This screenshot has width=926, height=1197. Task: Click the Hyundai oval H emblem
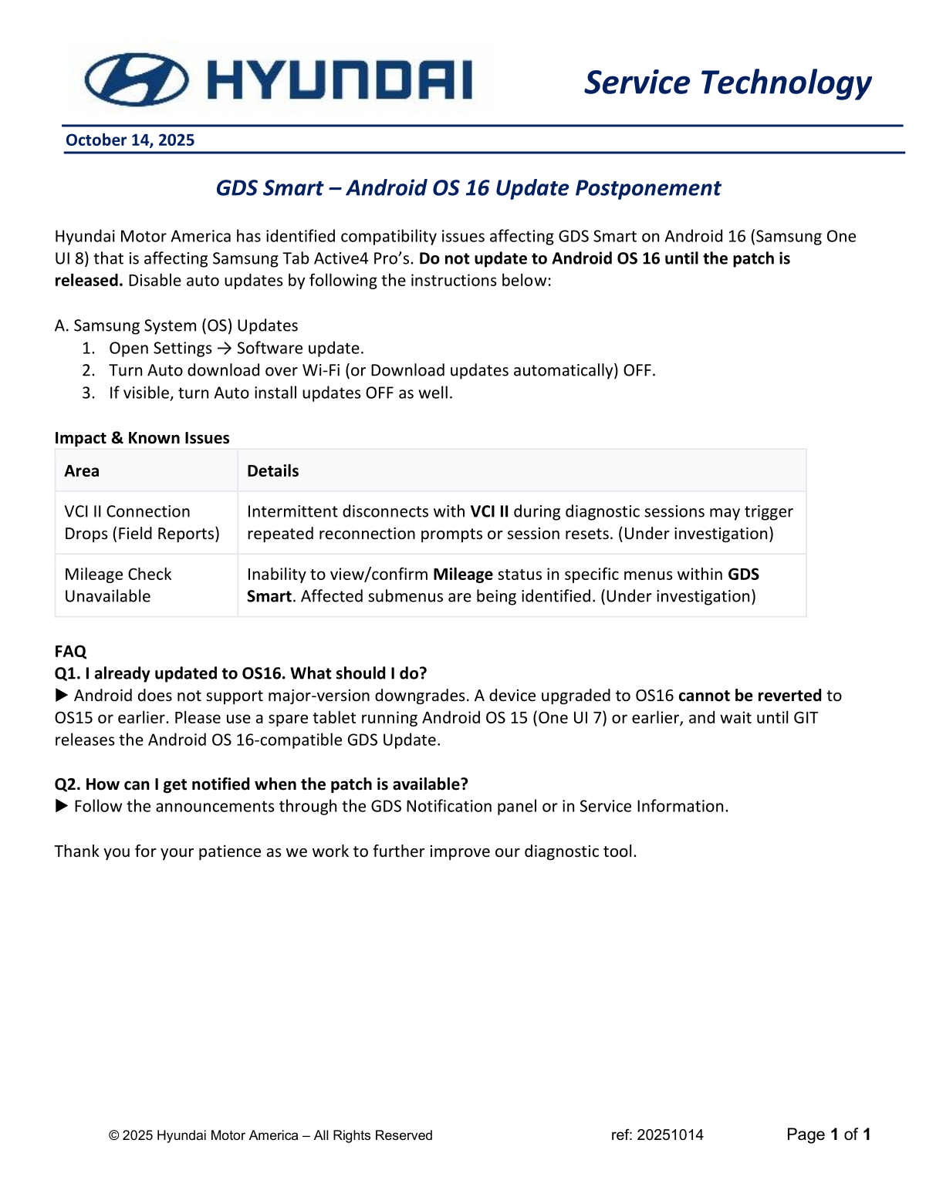[137, 79]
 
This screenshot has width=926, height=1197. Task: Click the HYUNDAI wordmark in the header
[340, 80]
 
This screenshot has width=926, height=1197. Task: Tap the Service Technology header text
[727, 83]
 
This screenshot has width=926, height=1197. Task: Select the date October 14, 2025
[130, 140]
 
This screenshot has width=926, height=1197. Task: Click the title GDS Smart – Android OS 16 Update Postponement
[468, 188]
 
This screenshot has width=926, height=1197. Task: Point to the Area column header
[82, 470]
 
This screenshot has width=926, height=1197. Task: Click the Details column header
[272, 470]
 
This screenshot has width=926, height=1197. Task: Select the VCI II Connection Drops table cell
[142, 522]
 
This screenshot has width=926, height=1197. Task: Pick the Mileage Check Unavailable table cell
[118, 585]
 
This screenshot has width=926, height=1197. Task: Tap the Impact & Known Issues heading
[142, 437]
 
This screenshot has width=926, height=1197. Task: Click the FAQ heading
[70, 651]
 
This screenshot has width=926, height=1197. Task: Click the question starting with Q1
[241, 673]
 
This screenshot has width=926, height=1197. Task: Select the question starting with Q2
[261, 784]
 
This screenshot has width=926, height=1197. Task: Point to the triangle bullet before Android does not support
[62, 696]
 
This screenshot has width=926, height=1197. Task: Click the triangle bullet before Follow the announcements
[62, 806]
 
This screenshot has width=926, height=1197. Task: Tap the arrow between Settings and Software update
[224, 349]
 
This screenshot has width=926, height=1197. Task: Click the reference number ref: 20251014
[657, 1135]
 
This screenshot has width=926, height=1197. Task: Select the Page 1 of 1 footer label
[828, 1134]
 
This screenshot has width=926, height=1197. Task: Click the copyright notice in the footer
[270, 1135]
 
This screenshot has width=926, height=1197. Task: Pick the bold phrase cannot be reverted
[749, 696]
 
